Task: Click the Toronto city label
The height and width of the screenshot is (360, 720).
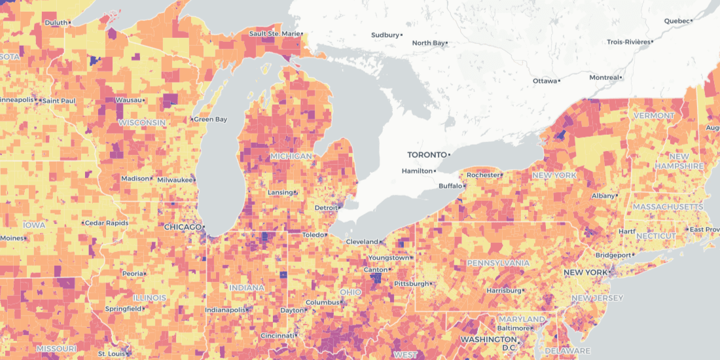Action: click(427, 155)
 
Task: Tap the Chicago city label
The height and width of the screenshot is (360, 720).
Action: click(183, 227)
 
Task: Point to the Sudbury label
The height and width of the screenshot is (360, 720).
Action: click(385, 35)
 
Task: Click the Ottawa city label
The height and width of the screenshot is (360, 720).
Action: click(544, 81)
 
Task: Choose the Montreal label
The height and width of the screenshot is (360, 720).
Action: click(603, 77)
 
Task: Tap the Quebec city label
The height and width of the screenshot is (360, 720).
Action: click(677, 21)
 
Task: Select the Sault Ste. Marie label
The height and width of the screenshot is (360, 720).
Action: click(273, 33)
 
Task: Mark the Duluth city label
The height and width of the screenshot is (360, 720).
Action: click(56, 22)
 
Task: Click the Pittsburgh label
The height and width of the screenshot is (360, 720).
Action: click(411, 283)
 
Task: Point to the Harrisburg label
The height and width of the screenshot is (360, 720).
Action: click(503, 290)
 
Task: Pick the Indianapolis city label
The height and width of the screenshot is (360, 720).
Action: click(225, 310)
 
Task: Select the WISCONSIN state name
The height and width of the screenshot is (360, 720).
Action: click(142, 123)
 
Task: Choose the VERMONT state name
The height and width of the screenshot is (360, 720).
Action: click(653, 116)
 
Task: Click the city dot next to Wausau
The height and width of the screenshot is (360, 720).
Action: click(145, 100)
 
